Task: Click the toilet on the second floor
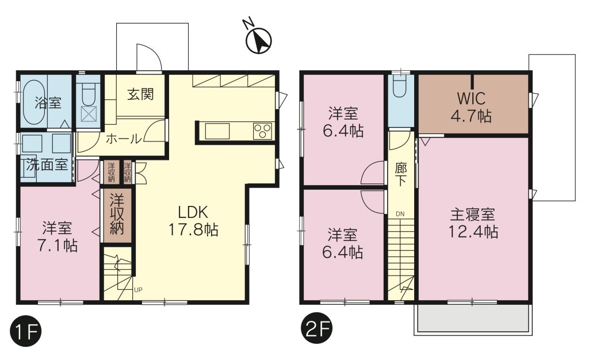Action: [x=401, y=87]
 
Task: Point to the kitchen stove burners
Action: [x=262, y=131]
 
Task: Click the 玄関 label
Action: [x=140, y=94]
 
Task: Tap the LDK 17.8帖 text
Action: [x=193, y=221]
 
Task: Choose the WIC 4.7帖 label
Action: [x=472, y=107]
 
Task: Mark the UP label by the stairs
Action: [x=138, y=289]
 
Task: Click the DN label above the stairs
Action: [x=400, y=215]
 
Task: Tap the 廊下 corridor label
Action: [x=401, y=174]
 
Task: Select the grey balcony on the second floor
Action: [x=473, y=318]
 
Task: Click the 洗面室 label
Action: [x=47, y=164]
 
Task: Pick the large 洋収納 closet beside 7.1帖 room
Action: [x=116, y=215]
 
